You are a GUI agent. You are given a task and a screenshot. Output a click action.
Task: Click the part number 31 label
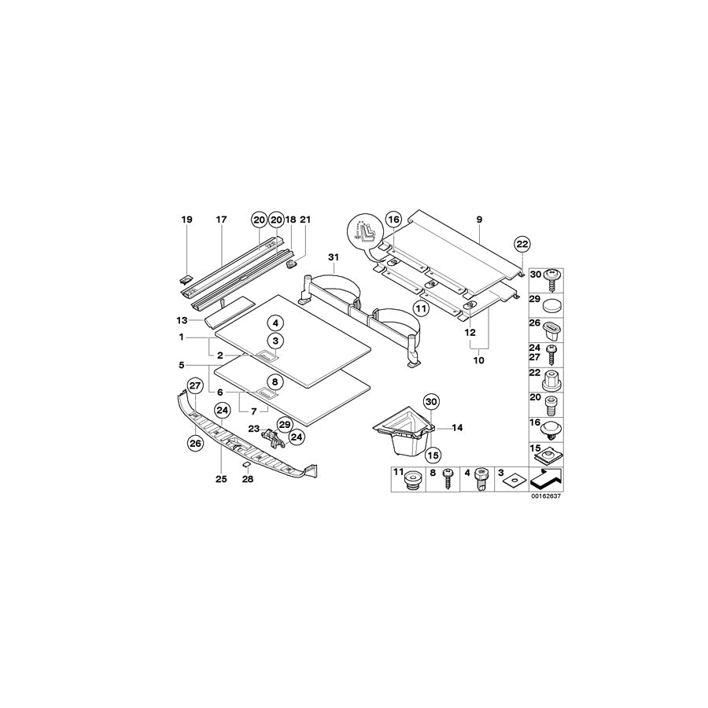point(334,257)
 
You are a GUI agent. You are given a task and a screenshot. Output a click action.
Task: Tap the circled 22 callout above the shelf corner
point(522,245)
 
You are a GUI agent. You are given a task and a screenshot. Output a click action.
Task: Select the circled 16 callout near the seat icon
point(394,220)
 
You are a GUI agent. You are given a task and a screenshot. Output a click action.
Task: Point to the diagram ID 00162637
point(545,496)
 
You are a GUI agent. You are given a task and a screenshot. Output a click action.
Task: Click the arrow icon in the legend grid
point(547,478)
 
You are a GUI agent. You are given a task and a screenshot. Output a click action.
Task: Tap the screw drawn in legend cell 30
point(551,279)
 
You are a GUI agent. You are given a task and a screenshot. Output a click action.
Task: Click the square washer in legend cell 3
point(514,481)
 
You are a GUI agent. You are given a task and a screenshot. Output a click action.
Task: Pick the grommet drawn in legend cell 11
point(411,481)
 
